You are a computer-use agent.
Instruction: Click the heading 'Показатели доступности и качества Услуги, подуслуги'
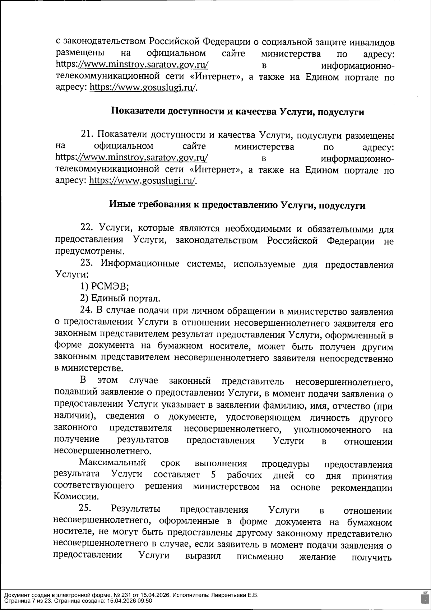click(237, 112)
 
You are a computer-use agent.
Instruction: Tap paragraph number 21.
click(87, 135)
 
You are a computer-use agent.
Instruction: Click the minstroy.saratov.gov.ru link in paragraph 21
click(142, 158)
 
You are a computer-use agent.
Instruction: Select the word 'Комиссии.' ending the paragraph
click(71, 497)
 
